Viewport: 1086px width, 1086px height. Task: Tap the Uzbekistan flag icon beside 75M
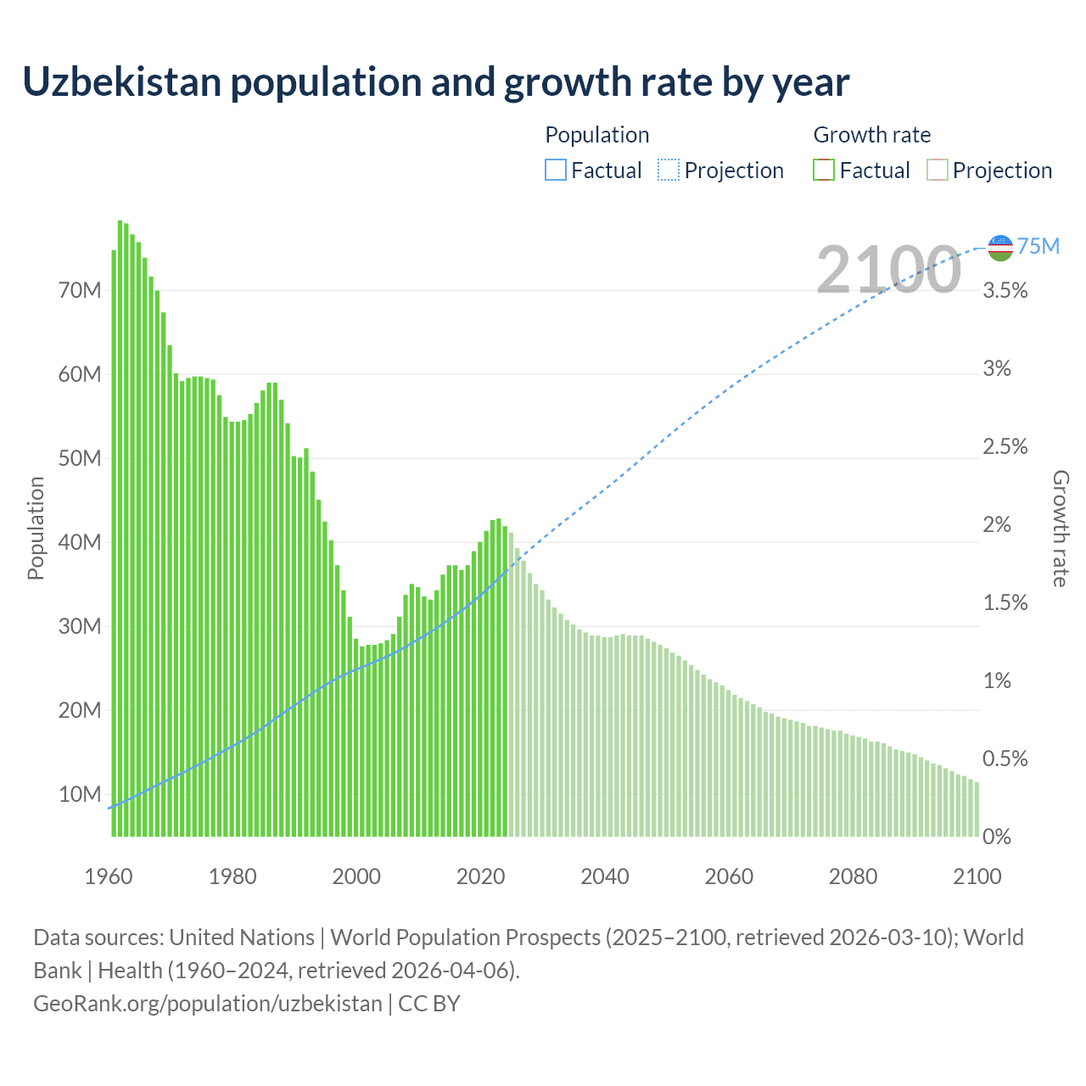(1001, 248)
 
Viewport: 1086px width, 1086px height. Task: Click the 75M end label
(1038, 246)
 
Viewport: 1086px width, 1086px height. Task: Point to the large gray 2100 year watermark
(888, 269)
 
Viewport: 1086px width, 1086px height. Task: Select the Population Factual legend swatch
(556, 170)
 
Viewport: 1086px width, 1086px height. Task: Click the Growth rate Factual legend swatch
(823, 170)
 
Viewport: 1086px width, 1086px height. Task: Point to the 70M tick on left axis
(80, 290)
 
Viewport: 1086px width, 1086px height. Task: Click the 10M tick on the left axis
(80, 794)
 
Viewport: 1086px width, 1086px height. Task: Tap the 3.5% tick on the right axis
(1005, 291)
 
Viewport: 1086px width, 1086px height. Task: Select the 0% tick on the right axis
(996, 837)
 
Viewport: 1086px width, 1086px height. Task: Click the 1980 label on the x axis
(232, 876)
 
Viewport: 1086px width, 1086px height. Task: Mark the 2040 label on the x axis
(605, 876)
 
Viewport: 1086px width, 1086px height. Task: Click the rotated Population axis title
(36, 528)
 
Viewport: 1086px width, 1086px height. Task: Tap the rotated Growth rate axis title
(1060, 528)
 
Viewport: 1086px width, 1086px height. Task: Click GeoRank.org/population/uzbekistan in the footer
(208, 1003)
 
